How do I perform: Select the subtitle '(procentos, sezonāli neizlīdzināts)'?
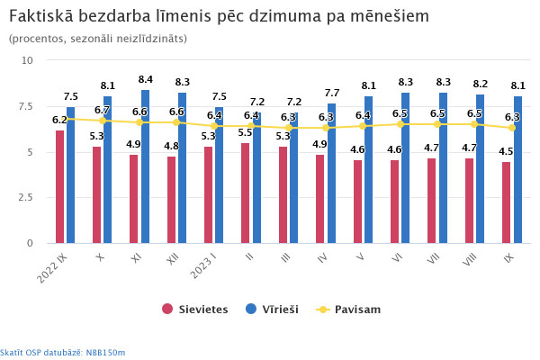pos(97,39)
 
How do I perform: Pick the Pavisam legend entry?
pos(349,309)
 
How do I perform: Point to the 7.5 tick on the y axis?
pos(26,106)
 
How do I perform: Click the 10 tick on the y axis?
pos(27,60)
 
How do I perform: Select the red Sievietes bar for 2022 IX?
pos(59,187)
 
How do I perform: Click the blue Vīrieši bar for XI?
pos(145,166)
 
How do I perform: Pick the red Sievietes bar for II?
pos(246,193)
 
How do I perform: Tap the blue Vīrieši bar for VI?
pos(405,167)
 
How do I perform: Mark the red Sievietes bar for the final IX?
pos(507,202)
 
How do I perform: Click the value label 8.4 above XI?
pos(145,79)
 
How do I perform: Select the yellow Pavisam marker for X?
pos(102,120)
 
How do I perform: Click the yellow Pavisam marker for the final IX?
pos(512,128)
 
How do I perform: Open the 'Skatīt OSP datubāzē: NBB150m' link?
pos(63,352)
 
